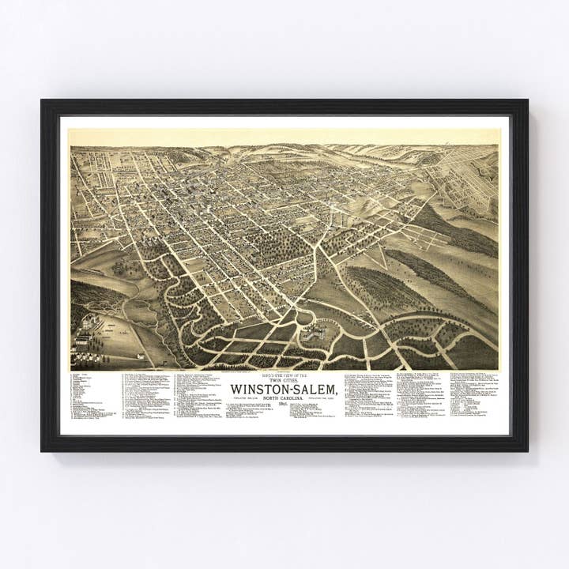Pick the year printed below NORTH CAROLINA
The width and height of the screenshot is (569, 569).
[283, 404]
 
